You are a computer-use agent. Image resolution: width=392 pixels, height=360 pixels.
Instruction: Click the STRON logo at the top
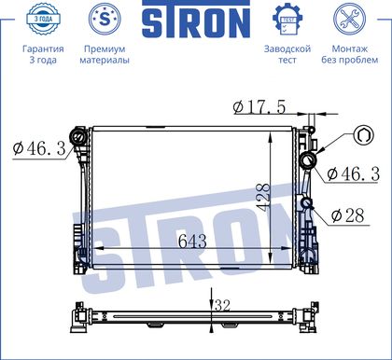tap(196, 20)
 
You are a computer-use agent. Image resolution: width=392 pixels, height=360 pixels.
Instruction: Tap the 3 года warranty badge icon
tap(43, 19)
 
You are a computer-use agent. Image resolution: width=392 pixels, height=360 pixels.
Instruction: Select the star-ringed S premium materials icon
tap(105, 19)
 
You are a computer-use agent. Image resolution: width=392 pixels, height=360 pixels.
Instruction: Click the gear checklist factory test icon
tap(287, 20)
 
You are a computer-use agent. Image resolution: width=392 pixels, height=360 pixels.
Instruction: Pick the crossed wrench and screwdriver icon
tap(349, 20)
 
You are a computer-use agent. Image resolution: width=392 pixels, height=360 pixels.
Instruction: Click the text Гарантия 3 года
tap(43, 54)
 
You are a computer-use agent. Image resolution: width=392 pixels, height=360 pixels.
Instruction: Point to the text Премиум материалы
tap(105, 54)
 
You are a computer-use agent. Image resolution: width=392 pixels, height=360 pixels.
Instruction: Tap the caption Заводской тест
tap(287, 54)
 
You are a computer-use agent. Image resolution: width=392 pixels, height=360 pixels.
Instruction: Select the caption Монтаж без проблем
tap(350, 54)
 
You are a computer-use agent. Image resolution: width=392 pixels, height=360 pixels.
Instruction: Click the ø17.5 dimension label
tap(259, 107)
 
